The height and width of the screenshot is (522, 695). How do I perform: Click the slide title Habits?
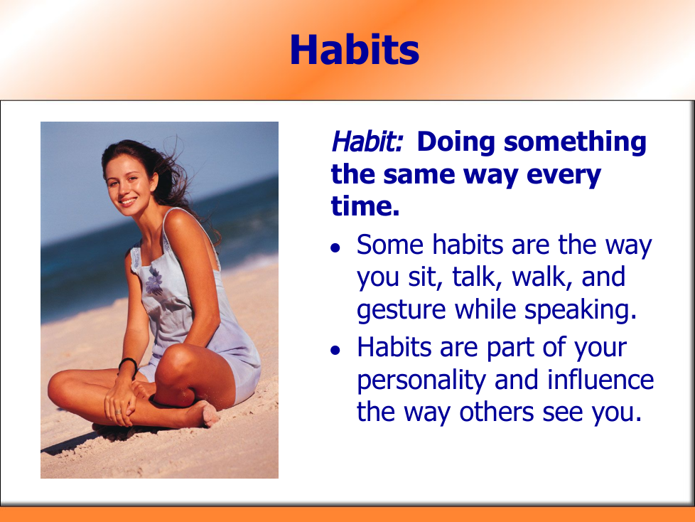pyautogui.click(x=355, y=50)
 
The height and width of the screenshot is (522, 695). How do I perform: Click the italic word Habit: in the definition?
pyautogui.click(x=367, y=142)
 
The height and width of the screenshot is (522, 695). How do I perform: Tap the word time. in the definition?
pyautogui.click(x=365, y=206)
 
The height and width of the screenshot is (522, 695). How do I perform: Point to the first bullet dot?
pyautogui.click(x=335, y=247)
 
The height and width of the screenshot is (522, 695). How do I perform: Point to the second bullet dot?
pyautogui.click(x=335, y=351)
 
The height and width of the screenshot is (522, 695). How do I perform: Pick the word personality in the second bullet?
pyautogui.click(x=421, y=381)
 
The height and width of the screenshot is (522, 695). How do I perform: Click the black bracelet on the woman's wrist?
pyautogui.click(x=128, y=365)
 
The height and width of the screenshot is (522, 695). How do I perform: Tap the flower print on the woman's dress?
pyautogui.click(x=153, y=282)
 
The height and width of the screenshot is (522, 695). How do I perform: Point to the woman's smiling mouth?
pyautogui.click(x=128, y=202)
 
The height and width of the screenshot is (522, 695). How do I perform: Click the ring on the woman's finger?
pyautogui.click(x=118, y=412)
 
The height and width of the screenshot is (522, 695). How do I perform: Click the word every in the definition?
pyautogui.click(x=564, y=176)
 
